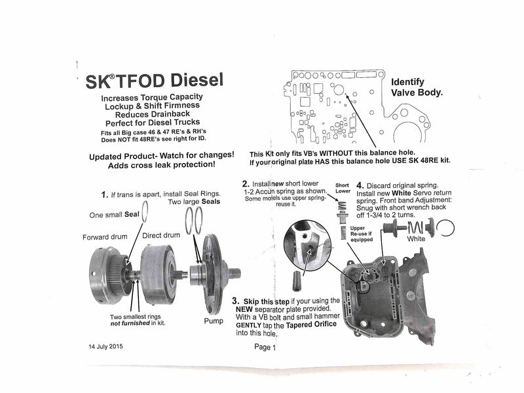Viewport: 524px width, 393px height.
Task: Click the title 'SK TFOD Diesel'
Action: tap(154, 82)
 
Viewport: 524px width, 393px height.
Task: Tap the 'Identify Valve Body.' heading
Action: tap(417, 88)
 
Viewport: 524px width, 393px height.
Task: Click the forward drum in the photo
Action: tap(108, 278)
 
